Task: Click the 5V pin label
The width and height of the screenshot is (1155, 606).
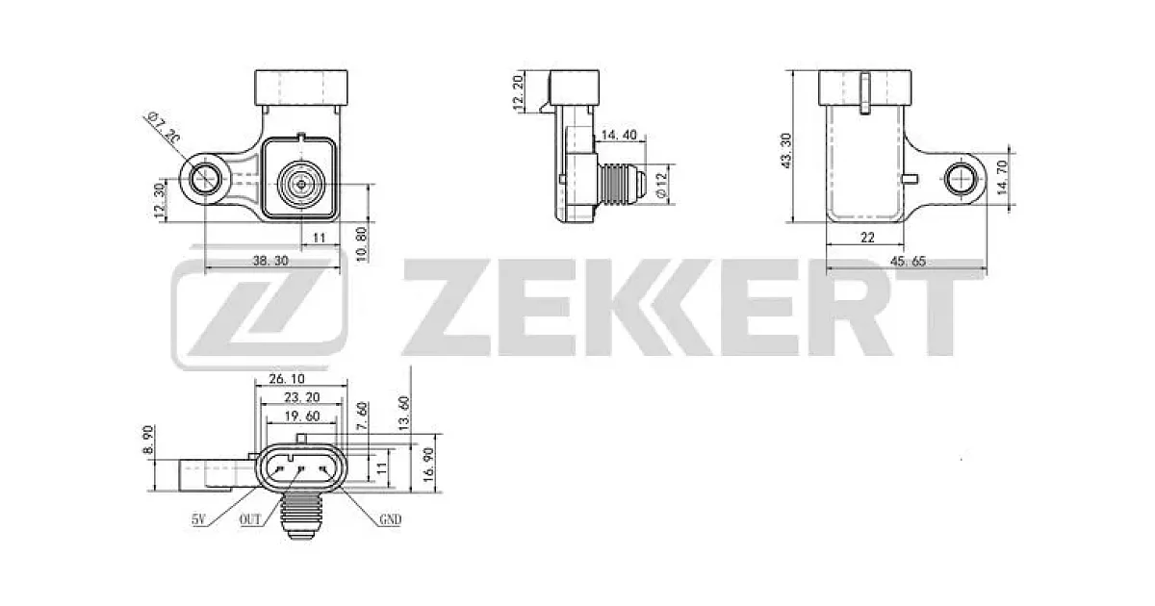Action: [x=199, y=519]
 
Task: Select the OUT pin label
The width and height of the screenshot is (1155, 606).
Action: [x=250, y=519]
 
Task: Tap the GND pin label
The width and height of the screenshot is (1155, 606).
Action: [x=391, y=519]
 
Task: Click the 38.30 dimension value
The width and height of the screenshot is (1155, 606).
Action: [x=270, y=261]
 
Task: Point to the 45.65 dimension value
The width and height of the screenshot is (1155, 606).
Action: [x=908, y=262]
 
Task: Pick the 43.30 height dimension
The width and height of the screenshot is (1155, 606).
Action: [x=785, y=150]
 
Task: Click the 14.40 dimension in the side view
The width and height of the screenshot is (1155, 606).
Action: [x=619, y=135]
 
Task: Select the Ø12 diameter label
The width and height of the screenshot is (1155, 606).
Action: [x=662, y=185]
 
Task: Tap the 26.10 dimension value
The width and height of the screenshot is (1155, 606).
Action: [x=287, y=379]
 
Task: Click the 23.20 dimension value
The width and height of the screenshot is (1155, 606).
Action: [x=302, y=397]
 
